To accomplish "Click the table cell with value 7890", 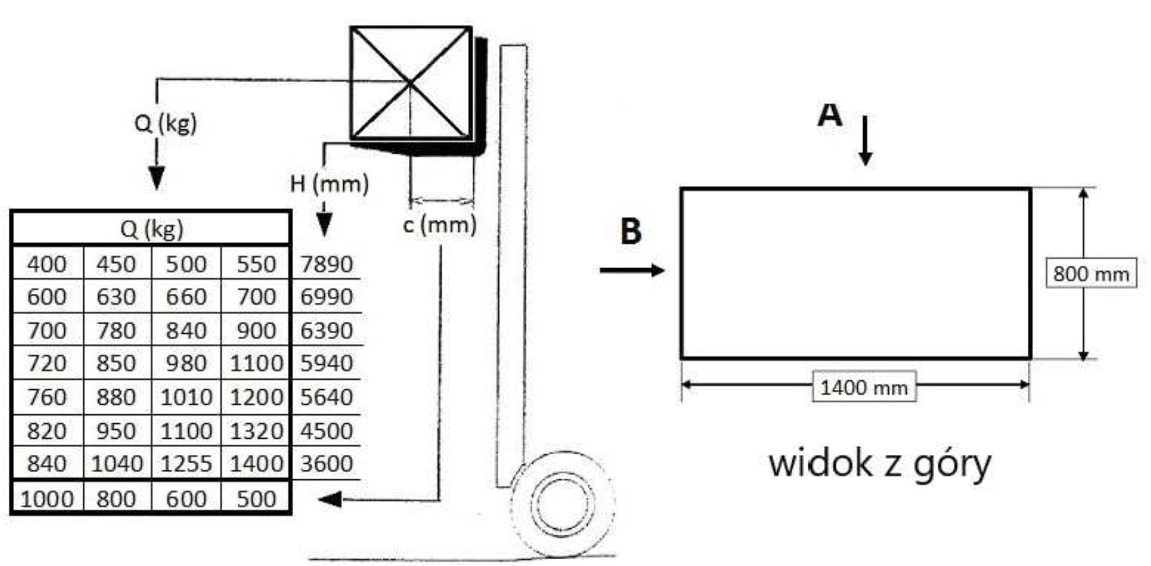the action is point(326,264).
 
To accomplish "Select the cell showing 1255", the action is point(186,464).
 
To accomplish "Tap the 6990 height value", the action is point(326,297).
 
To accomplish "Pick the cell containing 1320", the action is point(256,431).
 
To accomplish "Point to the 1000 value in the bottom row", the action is point(47,499).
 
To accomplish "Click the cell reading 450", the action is point(116,264).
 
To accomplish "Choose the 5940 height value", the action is point(326,363).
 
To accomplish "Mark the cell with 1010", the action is point(186,397).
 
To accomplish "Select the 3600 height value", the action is point(326,464).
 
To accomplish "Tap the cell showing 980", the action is point(186,363).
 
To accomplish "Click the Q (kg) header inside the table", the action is point(152,229).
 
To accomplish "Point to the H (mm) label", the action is point(329,184).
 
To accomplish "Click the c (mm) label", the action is point(440,225).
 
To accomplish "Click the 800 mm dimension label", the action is point(1091,274).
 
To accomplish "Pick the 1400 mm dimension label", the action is point(864,387).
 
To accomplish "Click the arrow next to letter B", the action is point(632,270).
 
